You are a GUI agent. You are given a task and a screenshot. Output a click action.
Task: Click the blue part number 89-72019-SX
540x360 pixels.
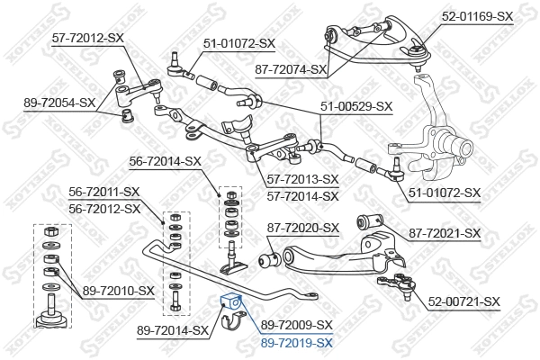coord(297,343)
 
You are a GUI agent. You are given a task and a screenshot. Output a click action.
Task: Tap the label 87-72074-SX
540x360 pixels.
coord(290,68)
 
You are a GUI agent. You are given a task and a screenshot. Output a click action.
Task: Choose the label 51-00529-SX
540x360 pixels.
coord(356,105)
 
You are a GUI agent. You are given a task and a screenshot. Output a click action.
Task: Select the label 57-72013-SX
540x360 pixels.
coord(302,179)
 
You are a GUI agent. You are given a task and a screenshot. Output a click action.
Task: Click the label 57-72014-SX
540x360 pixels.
coord(302,194)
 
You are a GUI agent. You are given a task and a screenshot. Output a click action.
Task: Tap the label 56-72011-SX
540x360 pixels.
coord(104,192)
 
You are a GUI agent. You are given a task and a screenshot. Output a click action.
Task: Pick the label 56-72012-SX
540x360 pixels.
coord(104,208)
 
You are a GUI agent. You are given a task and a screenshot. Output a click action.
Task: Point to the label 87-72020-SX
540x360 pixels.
coord(302,228)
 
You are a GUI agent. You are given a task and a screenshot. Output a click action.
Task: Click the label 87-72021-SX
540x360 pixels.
coord(445,233)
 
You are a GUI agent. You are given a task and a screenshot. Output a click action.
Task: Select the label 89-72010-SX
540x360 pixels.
coord(120,290)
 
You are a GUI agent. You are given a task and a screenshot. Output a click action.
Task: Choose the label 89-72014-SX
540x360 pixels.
coord(173,331)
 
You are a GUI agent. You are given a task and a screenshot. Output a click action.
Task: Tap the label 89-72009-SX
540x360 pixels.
coord(297,324)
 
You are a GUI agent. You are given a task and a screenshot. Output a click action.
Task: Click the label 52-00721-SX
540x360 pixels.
coord(463,301)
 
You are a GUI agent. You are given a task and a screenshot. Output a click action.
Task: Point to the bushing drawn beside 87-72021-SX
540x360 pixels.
coord(368,220)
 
